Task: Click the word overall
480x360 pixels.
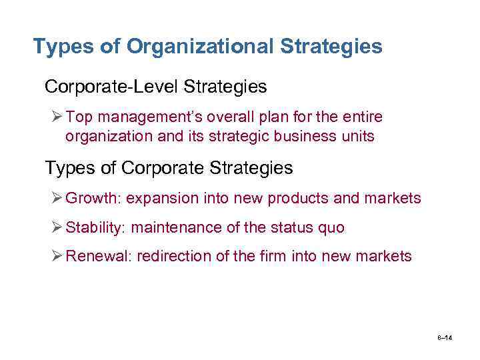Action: point(229,117)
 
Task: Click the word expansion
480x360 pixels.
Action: point(159,199)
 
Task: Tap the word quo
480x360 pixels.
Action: point(332,228)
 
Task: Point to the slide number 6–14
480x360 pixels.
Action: point(445,339)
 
